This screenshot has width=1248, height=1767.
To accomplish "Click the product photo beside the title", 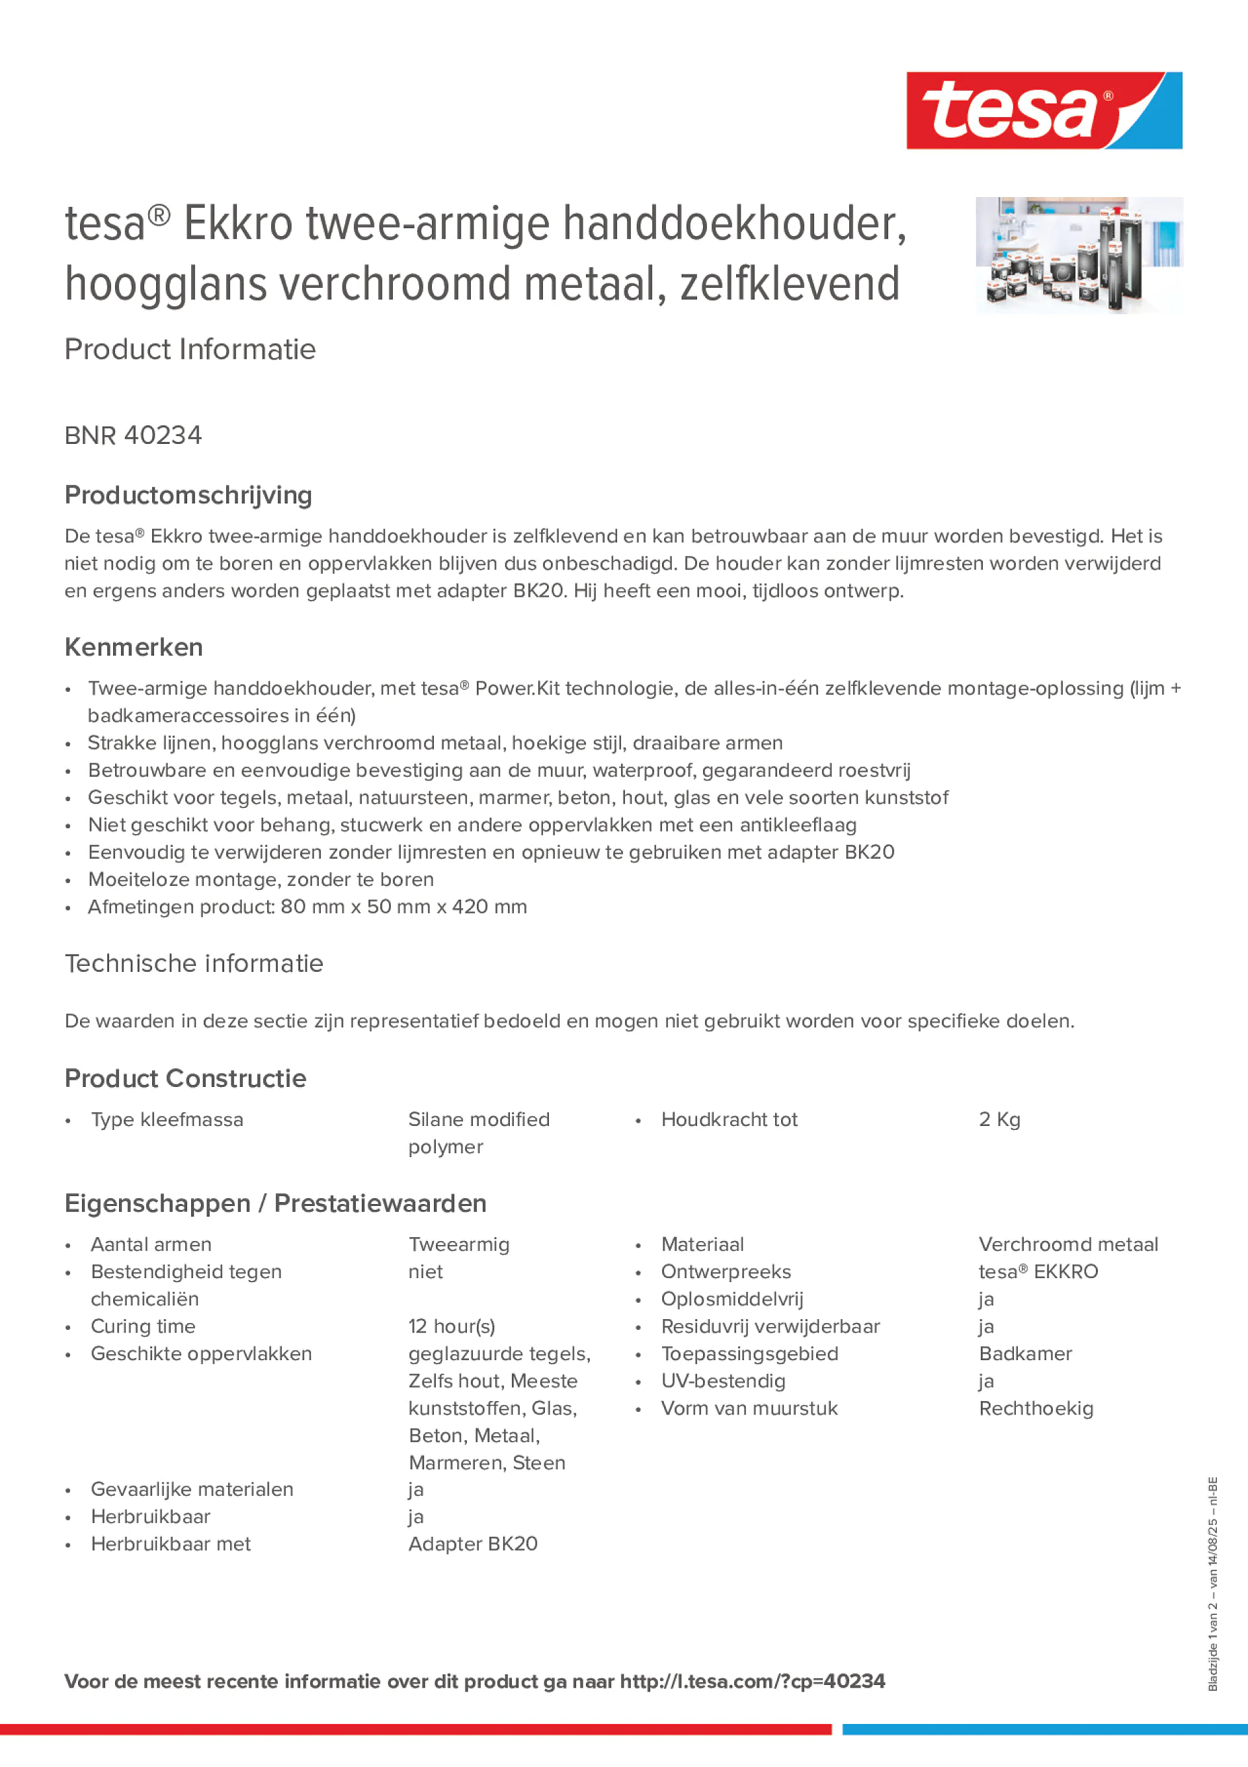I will pyautogui.click(x=1079, y=255).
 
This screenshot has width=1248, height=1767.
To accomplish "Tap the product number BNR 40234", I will pyautogui.click(x=133, y=435).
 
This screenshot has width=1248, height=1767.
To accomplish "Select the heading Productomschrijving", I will pyautogui.click(x=188, y=495).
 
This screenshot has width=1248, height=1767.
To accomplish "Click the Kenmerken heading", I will pyautogui.click(x=134, y=647).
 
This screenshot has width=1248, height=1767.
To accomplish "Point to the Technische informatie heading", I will pyautogui.click(x=194, y=963).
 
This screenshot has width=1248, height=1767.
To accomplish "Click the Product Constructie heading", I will pyautogui.click(x=185, y=1078).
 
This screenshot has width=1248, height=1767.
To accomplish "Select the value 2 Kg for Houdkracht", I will pyautogui.click(x=999, y=1120).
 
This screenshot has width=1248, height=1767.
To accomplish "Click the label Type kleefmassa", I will pyautogui.click(x=167, y=1120).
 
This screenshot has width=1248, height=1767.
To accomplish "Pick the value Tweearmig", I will pyautogui.click(x=458, y=1244).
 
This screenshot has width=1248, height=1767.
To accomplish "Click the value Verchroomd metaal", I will pyautogui.click(x=1068, y=1244).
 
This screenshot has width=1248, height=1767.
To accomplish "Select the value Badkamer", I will pyautogui.click(x=1025, y=1354).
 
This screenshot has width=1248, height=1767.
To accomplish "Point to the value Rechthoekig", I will pyautogui.click(x=1036, y=1408).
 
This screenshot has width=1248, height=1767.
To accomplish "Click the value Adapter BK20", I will pyautogui.click(x=472, y=1544).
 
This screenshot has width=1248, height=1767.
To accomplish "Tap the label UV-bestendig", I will pyautogui.click(x=724, y=1381).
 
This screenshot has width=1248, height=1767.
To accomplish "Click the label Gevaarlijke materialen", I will pyautogui.click(x=192, y=1489).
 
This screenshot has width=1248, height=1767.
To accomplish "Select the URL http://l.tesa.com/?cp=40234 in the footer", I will pyautogui.click(x=753, y=1681).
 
